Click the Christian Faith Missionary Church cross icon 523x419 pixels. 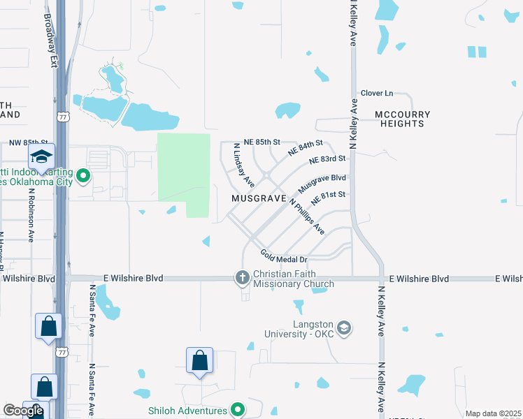(x=243, y=278)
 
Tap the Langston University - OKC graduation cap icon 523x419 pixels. (x=343, y=328)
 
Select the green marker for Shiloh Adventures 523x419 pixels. (x=238, y=410)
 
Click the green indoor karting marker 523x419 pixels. (x=83, y=176)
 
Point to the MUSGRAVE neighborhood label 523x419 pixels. (x=259, y=199)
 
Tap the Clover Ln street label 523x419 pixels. (x=378, y=93)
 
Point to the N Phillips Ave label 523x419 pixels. (x=307, y=217)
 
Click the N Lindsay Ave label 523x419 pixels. (x=243, y=168)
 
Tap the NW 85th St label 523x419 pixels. (x=29, y=142)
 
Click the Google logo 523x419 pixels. (x=23, y=411)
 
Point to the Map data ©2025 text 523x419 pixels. (x=493, y=413)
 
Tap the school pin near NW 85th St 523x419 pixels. (x=41, y=157)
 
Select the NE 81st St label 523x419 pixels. (x=329, y=198)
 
